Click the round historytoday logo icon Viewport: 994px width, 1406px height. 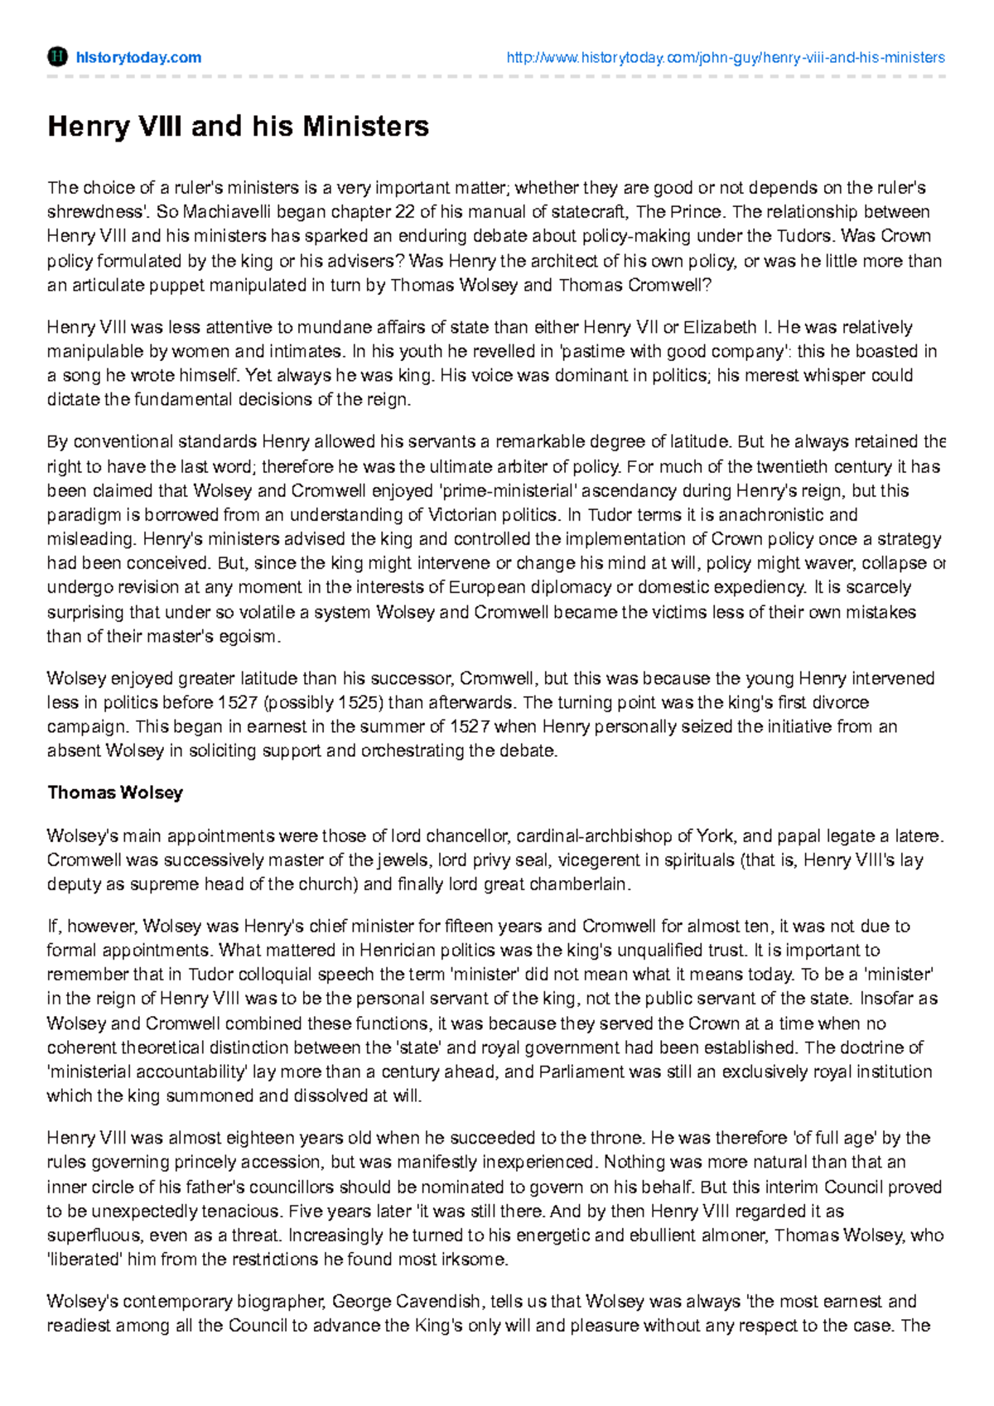[x=57, y=57]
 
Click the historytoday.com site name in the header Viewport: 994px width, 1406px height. [x=138, y=57]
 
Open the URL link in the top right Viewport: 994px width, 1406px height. [x=725, y=57]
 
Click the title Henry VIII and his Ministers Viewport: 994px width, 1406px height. [x=238, y=126]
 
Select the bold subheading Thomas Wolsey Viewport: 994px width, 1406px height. [x=115, y=792]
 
